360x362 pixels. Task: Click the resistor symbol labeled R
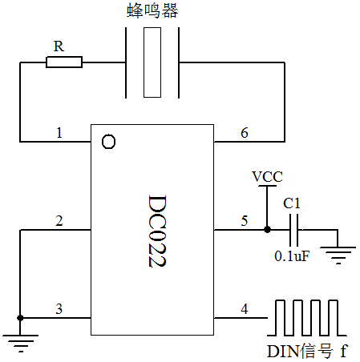(x=64, y=62)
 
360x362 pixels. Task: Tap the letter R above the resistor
(x=59, y=46)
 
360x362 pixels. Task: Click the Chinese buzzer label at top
(x=152, y=10)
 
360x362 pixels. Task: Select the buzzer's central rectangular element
(x=152, y=62)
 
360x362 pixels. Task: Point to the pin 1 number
(x=59, y=133)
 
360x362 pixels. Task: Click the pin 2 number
(x=59, y=221)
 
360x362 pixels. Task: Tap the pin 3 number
(x=59, y=309)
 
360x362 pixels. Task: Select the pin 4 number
(x=245, y=309)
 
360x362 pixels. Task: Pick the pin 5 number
(x=245, y=221)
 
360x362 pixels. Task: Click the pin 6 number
(x=245, y=133)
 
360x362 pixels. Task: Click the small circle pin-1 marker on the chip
(x=108, y=142)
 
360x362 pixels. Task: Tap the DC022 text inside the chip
(x=157, y=231)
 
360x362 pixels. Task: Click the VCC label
(x=267, y=176)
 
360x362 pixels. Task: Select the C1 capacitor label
(x=292, y=203)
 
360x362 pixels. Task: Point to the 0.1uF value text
(x=292, y=256)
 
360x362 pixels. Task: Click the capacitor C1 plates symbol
(x=294, y=230)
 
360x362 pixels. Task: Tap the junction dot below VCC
(x=267, y=229)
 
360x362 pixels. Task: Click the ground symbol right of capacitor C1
(x=338, y=255)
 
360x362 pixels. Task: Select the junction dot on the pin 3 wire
(x=20, y=318)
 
